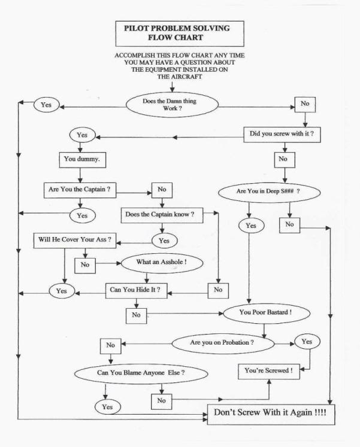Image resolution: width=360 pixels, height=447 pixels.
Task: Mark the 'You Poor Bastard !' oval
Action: click(x=266, y=313)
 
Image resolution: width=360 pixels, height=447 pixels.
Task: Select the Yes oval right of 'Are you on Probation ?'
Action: click(x=307, y=341)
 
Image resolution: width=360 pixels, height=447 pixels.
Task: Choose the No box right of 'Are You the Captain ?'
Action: click(x=162, y=190)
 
